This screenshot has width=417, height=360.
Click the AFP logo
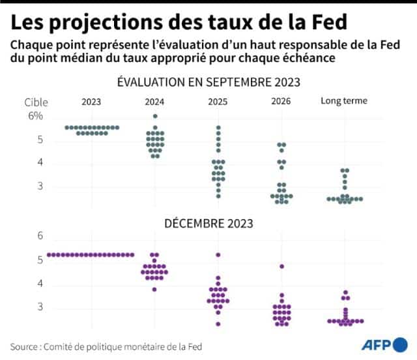385,346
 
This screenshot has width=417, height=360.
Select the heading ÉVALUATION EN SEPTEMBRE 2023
208,83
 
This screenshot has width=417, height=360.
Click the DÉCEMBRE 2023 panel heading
208,223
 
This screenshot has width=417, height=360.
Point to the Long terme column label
343,101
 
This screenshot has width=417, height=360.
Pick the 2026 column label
281,101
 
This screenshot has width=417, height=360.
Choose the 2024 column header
154,101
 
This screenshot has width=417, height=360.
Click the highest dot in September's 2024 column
154,116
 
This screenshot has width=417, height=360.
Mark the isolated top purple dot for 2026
281,266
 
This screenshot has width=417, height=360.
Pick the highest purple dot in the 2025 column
218,254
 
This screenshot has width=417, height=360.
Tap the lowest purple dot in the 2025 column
218,323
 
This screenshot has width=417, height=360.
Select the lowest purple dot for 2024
154,289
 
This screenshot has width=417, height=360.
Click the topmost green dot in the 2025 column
218,127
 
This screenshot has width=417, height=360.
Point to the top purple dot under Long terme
345,293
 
